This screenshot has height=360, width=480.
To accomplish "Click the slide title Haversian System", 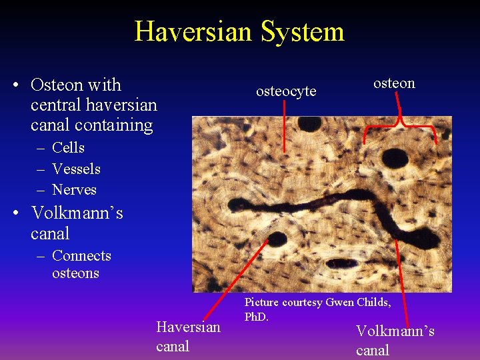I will [x=239, y=31].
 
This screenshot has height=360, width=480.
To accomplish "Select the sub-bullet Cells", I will [x=68, y=147].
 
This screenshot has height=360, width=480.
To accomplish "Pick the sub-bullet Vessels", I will [x=76, y=169].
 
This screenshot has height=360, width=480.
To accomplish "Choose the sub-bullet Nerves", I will [x=74, y=190].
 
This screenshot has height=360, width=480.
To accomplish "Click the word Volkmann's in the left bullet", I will [x=77, y=213].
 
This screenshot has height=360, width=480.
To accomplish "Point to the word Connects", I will [x=81, y=256].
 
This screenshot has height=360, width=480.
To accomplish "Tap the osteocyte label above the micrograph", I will [x=286, y=91].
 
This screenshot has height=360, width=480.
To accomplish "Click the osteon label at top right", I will [x=394, y=83].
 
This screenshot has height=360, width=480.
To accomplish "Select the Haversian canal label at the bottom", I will [x=187, y=336].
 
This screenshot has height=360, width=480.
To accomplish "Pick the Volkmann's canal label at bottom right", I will [x=395, y=340].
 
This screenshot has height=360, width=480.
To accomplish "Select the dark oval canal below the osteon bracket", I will [x=395, y=158].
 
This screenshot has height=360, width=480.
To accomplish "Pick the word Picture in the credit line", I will [x=261, y=303].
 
